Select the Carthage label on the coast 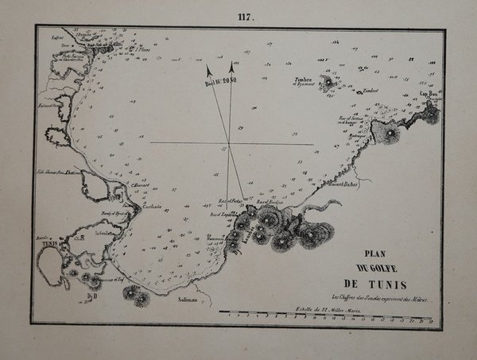coord(152,205)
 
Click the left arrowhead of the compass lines coord(209,70)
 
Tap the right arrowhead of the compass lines coord(231,66)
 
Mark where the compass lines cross coord(229,144)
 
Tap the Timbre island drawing coord(328,81)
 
